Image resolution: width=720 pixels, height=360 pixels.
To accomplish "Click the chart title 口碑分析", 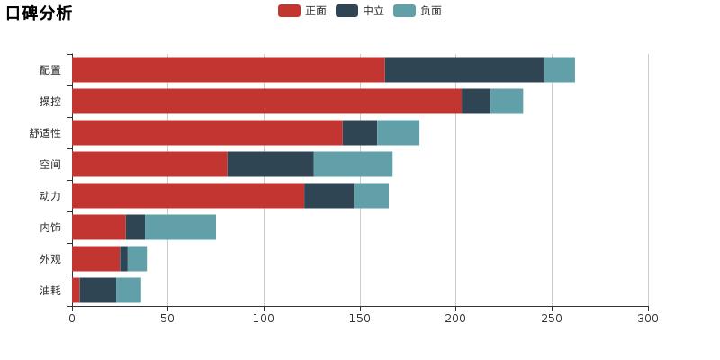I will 40,13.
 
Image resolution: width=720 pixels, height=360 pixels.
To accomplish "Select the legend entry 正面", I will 302,11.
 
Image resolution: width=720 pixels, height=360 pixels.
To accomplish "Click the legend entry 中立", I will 360,11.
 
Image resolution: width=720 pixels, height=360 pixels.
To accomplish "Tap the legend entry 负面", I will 418,11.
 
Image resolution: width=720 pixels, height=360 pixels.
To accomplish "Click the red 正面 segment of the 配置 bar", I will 228,70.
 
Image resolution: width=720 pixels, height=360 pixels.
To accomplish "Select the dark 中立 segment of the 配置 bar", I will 464,70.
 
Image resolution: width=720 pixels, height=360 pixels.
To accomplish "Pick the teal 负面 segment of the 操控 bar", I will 507,102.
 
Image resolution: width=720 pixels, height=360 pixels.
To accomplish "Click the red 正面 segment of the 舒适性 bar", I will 207,133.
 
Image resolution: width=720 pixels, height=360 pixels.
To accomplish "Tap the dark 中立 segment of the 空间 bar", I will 270,165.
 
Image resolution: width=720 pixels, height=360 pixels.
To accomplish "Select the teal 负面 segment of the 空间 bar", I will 353,165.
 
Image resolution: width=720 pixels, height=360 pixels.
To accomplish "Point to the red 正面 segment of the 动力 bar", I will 188,196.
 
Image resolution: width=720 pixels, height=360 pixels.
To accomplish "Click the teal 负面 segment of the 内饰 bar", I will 180,228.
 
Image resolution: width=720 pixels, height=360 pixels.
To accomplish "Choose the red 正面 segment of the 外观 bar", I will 96,259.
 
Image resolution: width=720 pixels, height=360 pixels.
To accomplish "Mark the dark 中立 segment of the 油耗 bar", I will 98,291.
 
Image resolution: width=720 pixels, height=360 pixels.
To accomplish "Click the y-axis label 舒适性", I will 45,133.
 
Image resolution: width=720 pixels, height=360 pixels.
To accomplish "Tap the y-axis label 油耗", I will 50,291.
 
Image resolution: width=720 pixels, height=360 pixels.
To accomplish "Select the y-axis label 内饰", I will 50,228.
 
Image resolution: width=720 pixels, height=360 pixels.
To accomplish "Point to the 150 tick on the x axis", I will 360,318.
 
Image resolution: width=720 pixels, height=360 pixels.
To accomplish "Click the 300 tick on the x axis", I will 648,318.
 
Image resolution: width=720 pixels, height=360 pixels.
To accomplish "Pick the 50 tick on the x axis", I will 168,318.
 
